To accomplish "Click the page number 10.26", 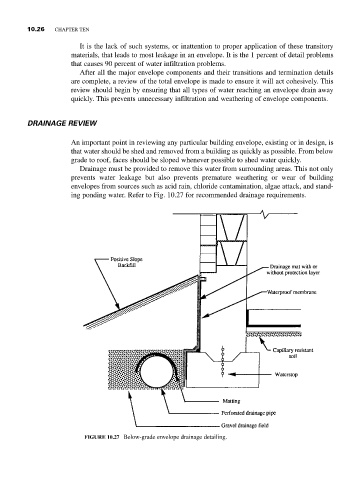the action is pos(36,29).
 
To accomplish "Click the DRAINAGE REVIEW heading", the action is pos(62,123).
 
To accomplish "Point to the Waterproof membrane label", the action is pos(291,292).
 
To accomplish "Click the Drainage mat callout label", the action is pos(293,270).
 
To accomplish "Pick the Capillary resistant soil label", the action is pos(293,353).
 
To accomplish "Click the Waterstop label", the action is pos(286,374).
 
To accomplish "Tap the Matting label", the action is pos(231,401).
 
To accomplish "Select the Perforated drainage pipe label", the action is pos(249,413).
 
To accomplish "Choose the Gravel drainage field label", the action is pos(245,425).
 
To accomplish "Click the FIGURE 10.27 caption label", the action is pos(103,437).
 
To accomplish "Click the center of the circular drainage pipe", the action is pos(156,372).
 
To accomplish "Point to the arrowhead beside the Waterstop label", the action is pos(231,374).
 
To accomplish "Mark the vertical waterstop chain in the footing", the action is pos(222,361).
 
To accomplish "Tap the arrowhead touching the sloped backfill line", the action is pos(117,306).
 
